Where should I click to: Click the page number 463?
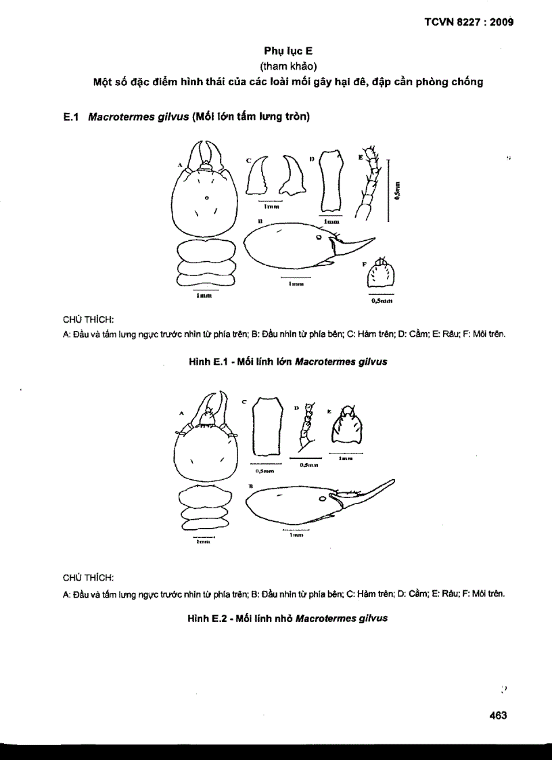coord(497,715)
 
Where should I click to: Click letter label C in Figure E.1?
coord(248,160)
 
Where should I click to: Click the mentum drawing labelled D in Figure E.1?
coord(331,180)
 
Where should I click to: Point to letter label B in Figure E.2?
coord(251,486)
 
